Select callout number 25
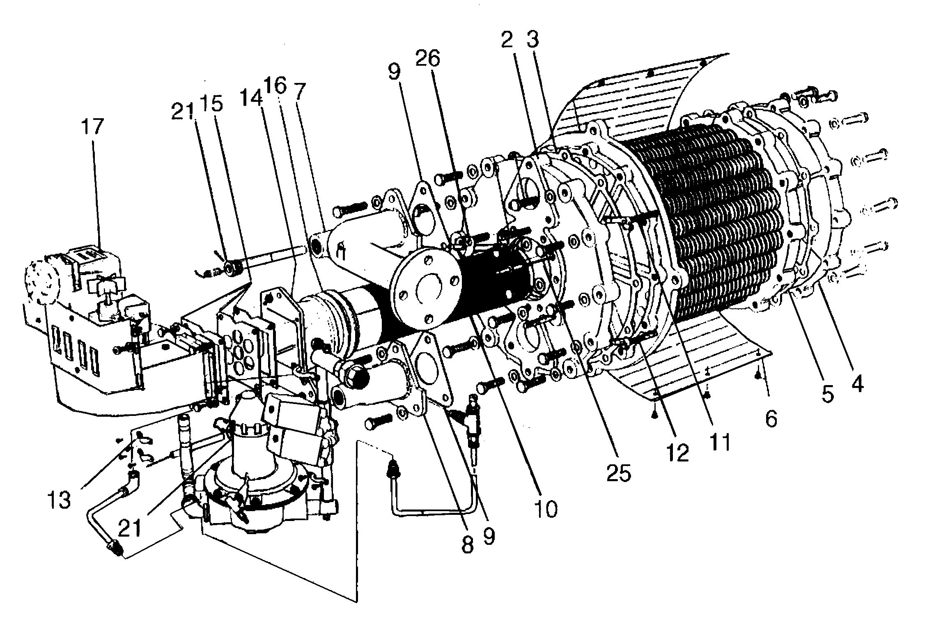619,473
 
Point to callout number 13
60,500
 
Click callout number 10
546,509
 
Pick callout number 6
771,419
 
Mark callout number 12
678,453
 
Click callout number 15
211,104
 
